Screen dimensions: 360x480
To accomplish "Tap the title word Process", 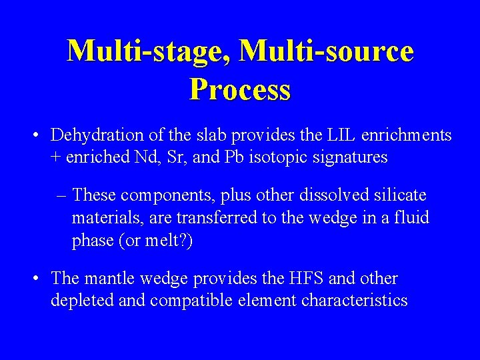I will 240,89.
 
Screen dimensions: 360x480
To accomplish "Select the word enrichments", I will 407,135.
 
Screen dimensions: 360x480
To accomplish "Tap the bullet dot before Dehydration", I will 37,136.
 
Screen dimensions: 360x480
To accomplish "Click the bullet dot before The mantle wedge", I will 37,279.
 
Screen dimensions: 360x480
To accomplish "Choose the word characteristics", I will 354,301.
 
